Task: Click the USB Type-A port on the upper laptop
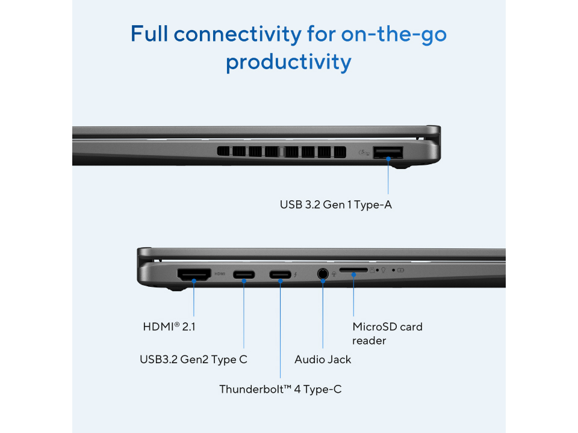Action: coord(388,152)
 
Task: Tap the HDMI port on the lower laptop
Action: coord(194,275)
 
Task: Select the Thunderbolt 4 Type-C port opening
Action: coord(280,275)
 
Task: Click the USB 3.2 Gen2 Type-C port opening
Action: coord(244,275)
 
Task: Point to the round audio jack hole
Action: coord(323,274)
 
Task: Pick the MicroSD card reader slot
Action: coord(353,270)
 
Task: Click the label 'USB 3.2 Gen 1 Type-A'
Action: coord(335,204)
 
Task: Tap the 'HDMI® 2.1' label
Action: coord(169,327)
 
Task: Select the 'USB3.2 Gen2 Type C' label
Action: coord(193,360)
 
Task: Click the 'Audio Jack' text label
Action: coord(323,360)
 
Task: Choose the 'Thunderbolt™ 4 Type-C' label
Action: coord(280,389)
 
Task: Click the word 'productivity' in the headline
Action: coord(288,62)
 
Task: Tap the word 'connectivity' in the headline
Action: coord(238,34)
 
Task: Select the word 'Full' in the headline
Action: coord(149,34)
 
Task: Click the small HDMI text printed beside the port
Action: coord(220,274)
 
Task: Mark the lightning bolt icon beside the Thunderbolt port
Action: coord(296,275)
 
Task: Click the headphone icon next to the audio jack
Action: coord(334,274)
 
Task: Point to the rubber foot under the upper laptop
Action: coord(401,167)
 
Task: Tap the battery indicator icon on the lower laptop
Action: coord(401,270)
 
